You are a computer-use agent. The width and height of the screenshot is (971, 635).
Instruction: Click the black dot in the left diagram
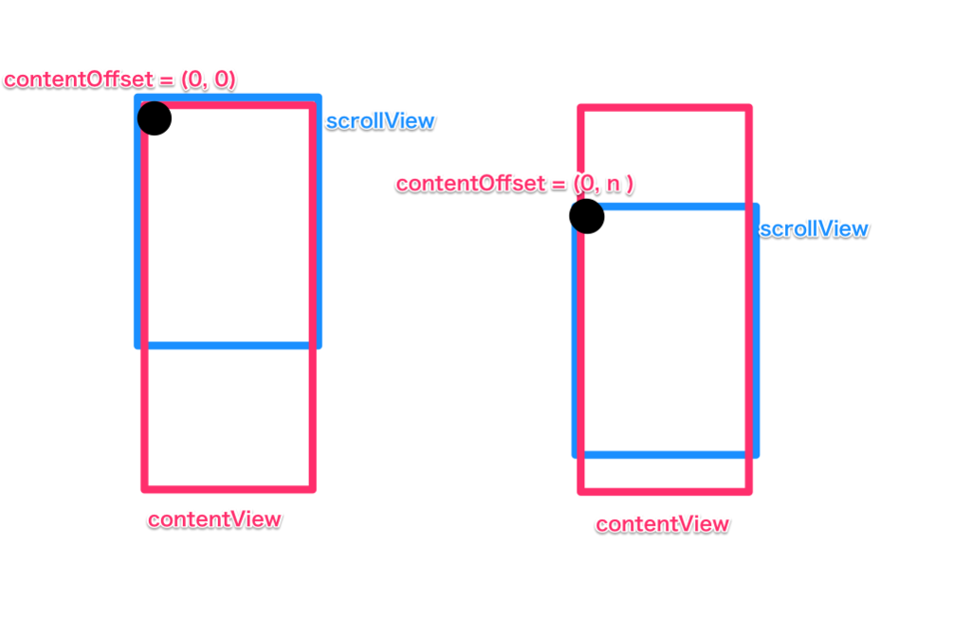[154, 118]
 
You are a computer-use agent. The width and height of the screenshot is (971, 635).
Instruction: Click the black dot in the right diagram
[587, 216]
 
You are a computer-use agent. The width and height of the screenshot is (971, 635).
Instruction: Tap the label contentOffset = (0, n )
[515, 184]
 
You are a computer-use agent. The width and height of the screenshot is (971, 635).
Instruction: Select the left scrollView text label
[380, 121]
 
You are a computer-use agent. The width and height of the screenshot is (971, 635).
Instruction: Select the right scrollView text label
[814, 229]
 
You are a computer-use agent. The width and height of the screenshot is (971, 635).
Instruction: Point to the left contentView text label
[214, 519]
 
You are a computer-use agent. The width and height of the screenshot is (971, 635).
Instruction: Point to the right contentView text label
[662, 524]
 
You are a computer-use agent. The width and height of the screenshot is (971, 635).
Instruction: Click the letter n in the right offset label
[612, 184]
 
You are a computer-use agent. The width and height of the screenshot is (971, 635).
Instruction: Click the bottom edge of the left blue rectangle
[228, 345]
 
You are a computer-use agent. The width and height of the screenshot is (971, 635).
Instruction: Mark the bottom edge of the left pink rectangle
[228, 489]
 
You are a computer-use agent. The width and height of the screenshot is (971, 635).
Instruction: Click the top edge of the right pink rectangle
[664, 108]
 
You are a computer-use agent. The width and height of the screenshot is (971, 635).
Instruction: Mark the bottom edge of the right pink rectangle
[664, 491]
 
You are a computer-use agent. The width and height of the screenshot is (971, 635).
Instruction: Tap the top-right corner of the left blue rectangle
[319, 98]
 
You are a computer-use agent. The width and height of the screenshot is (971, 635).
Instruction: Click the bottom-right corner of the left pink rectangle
[312, 489]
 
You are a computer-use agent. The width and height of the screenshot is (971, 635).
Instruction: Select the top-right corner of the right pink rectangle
[749, 108]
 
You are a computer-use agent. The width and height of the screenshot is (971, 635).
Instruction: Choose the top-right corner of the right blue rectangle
[756, 206]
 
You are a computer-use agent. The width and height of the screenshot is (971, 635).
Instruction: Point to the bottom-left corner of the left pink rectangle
[145, 489]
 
